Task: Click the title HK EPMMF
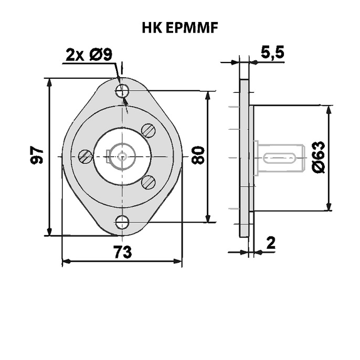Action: coord(180,28)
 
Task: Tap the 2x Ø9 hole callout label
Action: coord(89,55)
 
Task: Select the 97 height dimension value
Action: coord(37,155)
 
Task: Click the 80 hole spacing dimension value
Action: coord(198,155)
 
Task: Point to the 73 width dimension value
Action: coord(123,252)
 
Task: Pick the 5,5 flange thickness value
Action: coord(272,52)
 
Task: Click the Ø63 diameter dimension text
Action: coord(319,157)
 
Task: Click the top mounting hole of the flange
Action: coord(122,91)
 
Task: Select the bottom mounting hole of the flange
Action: coord(122,222)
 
